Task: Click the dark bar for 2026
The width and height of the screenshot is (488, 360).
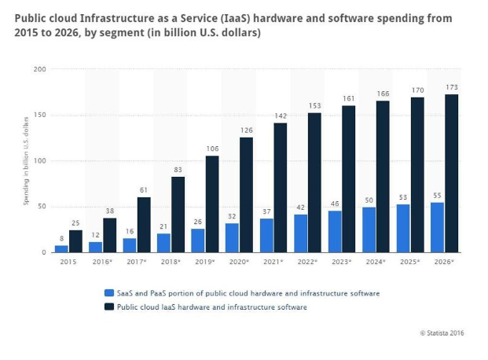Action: point(452,174)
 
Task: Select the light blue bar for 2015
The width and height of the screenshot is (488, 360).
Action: point(61,248)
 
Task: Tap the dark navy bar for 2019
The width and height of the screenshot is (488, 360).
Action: point(212,204)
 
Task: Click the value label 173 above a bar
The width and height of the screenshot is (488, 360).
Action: point(452,87)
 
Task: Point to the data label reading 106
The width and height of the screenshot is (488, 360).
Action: point(212,148)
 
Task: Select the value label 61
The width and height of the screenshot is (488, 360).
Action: point(144,189)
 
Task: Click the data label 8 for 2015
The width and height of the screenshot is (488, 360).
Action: point(61,238)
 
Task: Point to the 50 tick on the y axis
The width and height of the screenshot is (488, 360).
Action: point(41,207)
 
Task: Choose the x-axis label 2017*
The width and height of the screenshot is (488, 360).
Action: point(136,261)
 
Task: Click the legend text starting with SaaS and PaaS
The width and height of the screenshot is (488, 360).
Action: point(248,292)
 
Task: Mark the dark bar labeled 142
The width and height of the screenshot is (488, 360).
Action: point(281,188)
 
